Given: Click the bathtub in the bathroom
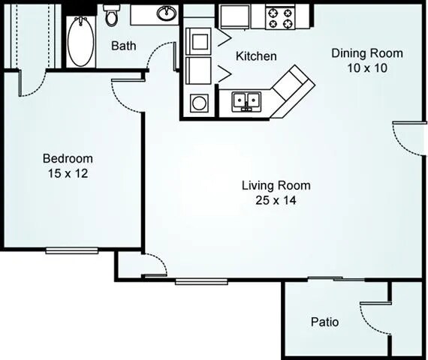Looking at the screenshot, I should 79,42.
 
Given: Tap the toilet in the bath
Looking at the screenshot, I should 112,15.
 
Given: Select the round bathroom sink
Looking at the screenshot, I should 166,13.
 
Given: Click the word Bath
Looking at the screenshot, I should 124,46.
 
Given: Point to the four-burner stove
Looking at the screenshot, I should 282,16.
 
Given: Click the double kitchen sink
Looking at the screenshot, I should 246,100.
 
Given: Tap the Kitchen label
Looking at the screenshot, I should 256,56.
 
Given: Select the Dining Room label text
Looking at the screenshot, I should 368,53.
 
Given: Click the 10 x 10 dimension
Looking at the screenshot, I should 368,67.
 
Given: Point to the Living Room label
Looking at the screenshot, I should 276,185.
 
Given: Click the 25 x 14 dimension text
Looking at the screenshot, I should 276,199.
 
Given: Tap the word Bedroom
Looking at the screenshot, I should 68,158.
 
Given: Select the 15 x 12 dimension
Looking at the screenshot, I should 68,172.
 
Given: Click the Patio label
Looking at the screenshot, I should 324,322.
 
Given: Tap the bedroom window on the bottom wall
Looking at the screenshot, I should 71,250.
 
